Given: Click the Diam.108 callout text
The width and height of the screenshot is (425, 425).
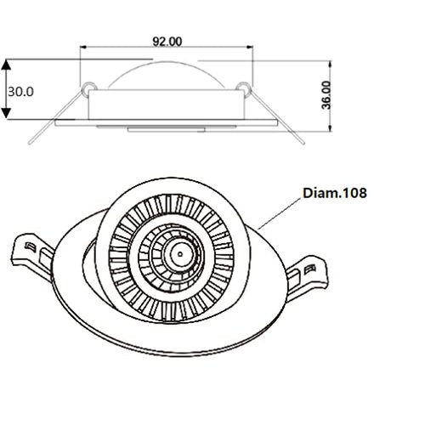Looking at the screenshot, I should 335,193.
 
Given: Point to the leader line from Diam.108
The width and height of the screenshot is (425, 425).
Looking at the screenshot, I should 279,212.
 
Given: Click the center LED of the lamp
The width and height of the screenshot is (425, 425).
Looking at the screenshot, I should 180,252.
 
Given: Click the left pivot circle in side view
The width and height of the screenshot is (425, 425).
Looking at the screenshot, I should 88,86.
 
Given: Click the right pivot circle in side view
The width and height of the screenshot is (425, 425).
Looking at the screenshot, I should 244,86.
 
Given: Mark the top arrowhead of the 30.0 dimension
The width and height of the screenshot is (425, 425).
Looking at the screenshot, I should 7,64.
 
